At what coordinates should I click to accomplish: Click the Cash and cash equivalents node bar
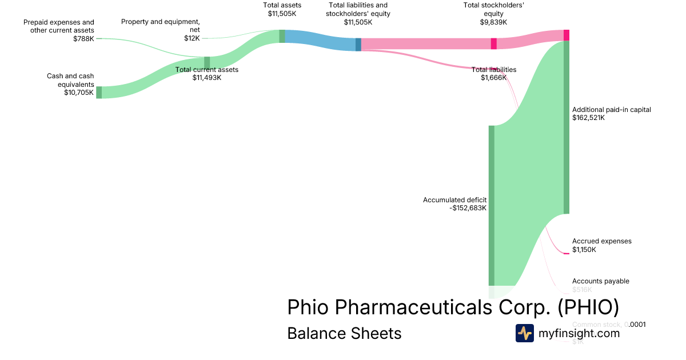(99, 93)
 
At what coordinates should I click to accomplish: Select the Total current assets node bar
(207, 62)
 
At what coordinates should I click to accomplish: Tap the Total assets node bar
(282, 36)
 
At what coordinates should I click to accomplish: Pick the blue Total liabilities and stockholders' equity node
(358, 45)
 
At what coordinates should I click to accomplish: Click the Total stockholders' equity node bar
(494, 43)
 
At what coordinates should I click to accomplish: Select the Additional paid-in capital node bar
(567, 127)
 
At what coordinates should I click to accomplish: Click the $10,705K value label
(79, 93)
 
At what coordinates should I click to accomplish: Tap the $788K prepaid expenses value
(83, 39)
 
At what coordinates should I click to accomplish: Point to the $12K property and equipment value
(192, 38)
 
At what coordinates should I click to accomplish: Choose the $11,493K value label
(207, 78)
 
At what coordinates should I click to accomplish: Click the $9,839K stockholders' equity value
(493, 22)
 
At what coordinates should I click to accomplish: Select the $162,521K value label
(588, 118)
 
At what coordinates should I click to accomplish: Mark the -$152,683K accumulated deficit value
(468, 208)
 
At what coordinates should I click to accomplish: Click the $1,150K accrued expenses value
(584, 249)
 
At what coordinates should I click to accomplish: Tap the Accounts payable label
(600, 281)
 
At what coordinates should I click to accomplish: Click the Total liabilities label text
(494, 70)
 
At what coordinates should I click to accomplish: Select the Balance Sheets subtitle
(344, 333)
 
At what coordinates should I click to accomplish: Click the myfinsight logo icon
(525, 333)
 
